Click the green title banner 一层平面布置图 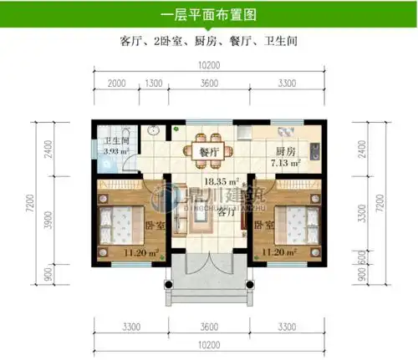(x=208, y=14)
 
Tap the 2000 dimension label (x=116, y=84)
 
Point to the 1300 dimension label (x=154, y=84)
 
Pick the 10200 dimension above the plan (x=209, y=65)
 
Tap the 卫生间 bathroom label (x=116, y=141)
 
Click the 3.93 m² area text (x=115, y=152)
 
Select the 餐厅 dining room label (x=209, y=152)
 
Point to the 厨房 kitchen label (x=285, y=151)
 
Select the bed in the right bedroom (x=298, y=223)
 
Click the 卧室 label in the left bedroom (x=153, y=226)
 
